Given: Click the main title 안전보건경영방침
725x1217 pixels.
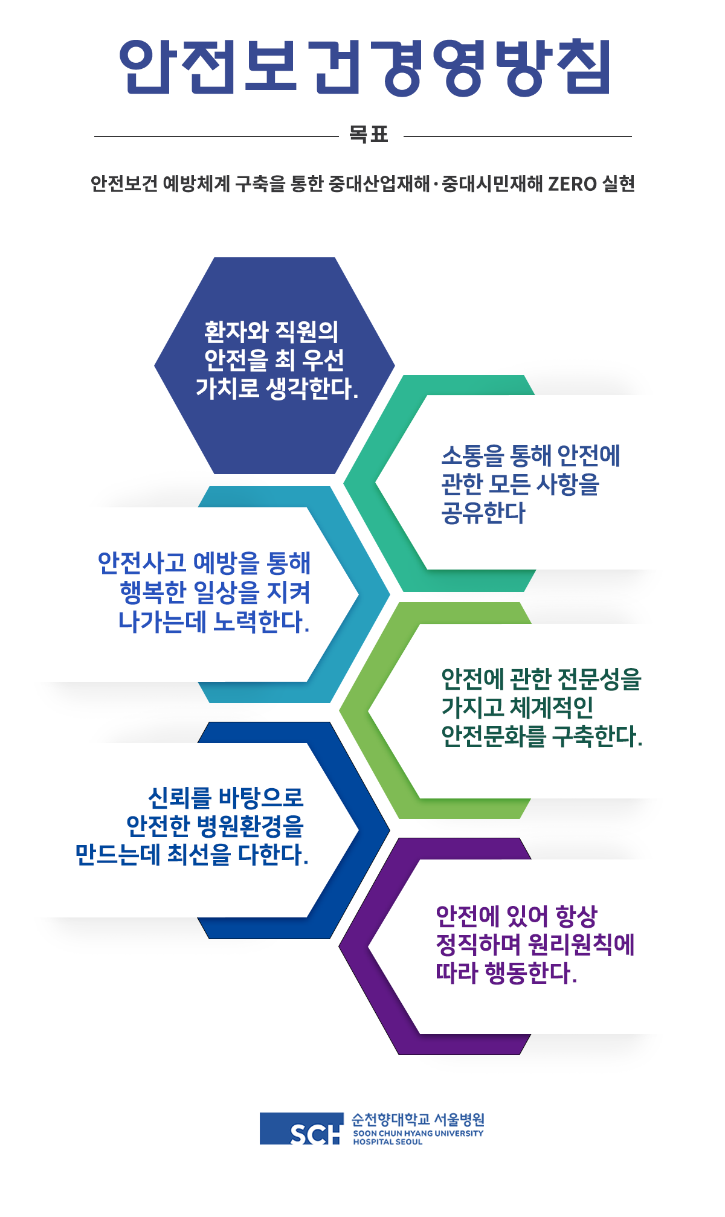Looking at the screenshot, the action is pyautogui.click(x=365, y=67).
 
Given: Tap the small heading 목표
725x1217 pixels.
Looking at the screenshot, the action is pyautogui.click(x=369, y=134).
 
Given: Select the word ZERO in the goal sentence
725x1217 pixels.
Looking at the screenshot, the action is pyautogui.click(x=572, y=184).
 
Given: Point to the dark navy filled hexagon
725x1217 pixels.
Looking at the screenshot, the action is pyautogui.click(x=274, y=365).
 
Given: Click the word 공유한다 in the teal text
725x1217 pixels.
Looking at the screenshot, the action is pyautogui.click(x=483, y=513).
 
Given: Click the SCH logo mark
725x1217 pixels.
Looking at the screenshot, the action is pyautogui.click(x=302, y=1128).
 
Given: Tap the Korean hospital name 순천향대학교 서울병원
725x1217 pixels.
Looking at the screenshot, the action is pyautogui.click(x=418, y=1120).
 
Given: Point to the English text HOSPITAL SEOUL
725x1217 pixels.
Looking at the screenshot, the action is pyautogui.click(x=388, y=1142).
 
